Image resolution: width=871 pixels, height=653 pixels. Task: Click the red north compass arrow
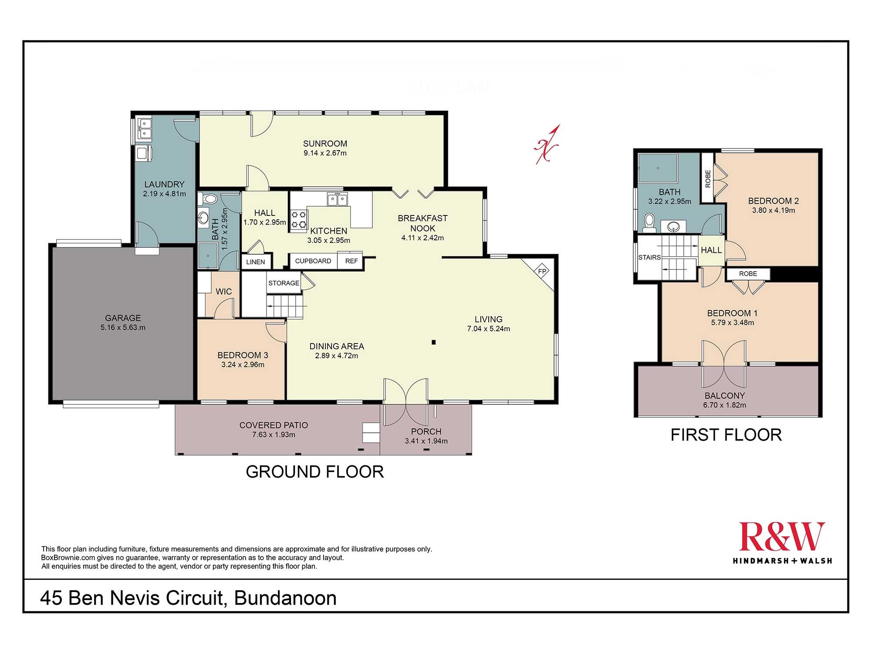tap(547, 145)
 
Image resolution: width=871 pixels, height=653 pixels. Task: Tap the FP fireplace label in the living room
tap(542, 271)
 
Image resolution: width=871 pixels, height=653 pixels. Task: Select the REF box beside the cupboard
tap(351, 261)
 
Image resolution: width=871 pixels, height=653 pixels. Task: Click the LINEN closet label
tap(255, 262)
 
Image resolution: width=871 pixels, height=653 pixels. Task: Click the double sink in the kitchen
tap(338, 200)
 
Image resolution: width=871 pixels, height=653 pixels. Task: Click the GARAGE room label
tap(123, 318)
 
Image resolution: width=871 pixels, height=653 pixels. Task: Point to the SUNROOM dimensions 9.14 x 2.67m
tap(325, 153)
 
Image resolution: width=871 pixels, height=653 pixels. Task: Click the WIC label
tap(224, 292)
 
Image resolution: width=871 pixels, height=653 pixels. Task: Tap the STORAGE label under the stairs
tap(284, 283)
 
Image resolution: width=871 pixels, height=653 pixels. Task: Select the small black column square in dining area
tap(434, 342)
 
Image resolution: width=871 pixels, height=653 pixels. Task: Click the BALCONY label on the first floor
tap(725, 396)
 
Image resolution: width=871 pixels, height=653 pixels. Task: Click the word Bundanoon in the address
tap(286, 598)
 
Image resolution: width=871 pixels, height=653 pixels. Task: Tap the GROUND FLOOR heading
tap(315, 472)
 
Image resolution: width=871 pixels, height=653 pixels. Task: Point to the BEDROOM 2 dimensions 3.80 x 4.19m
tap(773, 211)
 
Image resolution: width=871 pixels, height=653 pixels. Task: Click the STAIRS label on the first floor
tap(649, 257)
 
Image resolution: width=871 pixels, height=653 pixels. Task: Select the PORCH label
tap(426, 431)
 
